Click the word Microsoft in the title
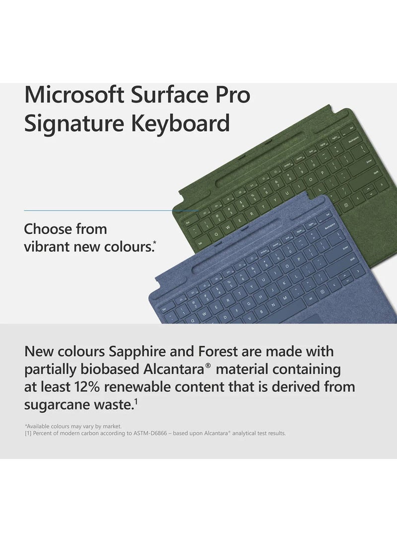[73, 94]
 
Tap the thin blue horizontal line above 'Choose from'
[99, 211]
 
